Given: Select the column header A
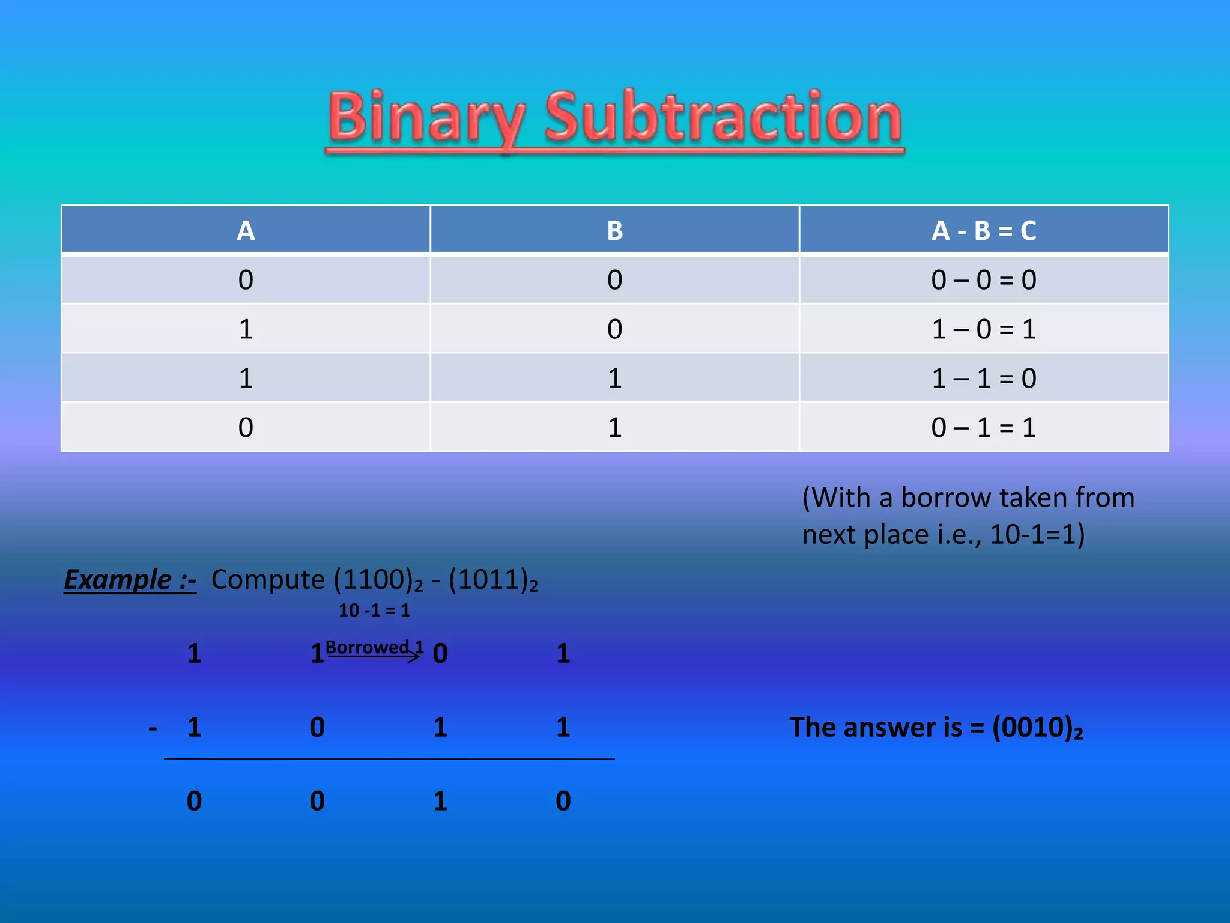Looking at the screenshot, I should (246, 230).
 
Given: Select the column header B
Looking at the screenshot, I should (614, 230).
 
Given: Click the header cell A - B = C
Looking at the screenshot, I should (983, 230).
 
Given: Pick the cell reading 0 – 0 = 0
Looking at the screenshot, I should (983, 280).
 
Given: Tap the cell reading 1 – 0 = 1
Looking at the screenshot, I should (983, 329).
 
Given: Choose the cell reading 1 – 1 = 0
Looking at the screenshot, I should (983, 379).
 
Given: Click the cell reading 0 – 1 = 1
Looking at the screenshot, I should (983, 428).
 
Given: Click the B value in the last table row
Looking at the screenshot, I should (614, 428).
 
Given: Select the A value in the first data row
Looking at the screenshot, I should (246, 280).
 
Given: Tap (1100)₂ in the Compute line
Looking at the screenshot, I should (378, 580).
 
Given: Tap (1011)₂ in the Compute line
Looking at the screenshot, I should (493, 580).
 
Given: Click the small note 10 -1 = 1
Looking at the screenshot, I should (374, 611).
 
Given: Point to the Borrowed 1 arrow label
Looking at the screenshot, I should (374, 648).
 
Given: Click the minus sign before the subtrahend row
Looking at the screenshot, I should (153, 728).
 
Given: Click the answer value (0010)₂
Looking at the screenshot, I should (1037, 728).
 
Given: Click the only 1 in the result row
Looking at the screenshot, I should (440, 801).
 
